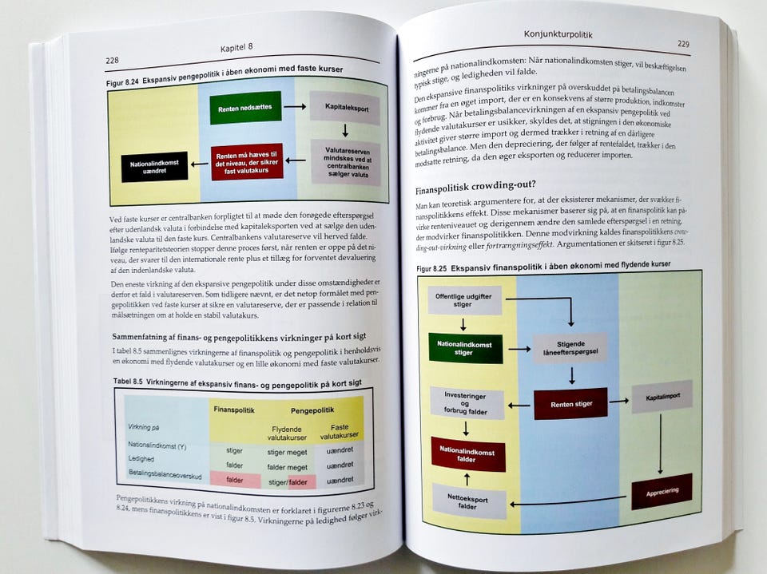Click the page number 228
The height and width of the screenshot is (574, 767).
click(x=112, y=61)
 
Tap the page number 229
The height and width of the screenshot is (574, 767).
click(x=682, y=44)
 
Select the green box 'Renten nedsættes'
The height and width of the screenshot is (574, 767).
click(x=245, y=107)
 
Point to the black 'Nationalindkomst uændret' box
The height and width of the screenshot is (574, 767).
click(x=154, y=167)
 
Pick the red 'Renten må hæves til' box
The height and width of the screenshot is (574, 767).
click(x=247, y=161)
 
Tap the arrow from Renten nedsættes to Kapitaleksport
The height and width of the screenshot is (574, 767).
click(x=294, y=106)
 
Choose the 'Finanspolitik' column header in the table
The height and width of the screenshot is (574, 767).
click(x=234, y=410)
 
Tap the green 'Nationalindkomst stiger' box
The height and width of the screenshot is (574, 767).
click(x=465, y=348)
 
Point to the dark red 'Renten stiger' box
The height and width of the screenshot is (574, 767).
click(x=570, y=404)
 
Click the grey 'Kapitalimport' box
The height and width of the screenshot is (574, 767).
click(x=662, y=397)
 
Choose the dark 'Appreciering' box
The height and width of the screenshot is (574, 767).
click(x=662, y=491)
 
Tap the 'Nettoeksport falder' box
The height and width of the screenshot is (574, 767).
click(x=469, y=501)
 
